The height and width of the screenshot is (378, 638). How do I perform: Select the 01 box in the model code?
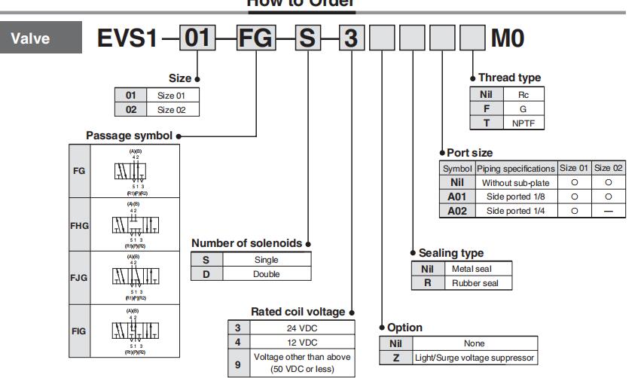[x=197, y=38]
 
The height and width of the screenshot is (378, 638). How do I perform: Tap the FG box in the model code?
[x=257, y=38]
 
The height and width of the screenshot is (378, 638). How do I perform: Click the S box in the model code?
[x=307, y=38]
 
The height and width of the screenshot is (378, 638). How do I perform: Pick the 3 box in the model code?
[x=350, y=38]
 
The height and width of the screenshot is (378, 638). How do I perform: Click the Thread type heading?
[x=509, y=78]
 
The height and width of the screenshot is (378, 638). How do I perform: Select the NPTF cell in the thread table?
[x=523, y=122]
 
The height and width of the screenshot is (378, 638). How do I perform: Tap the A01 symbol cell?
[x=456, y=197]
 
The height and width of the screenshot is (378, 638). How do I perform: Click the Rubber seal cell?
[x=481, y=282]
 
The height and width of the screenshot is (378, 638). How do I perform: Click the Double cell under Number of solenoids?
[x=266, y=274]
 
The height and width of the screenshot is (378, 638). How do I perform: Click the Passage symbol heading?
[x=129, y=136]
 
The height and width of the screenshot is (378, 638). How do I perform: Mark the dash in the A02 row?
[x=607, y=211]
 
